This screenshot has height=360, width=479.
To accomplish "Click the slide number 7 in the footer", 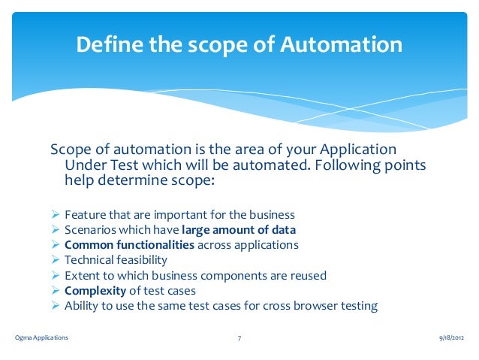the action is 239,338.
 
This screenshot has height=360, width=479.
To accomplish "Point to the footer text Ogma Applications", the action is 41,338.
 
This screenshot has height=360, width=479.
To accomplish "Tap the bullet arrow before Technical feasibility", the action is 56,260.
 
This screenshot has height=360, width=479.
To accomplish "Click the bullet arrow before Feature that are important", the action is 56,215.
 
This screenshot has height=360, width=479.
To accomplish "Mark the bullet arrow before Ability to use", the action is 56,306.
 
